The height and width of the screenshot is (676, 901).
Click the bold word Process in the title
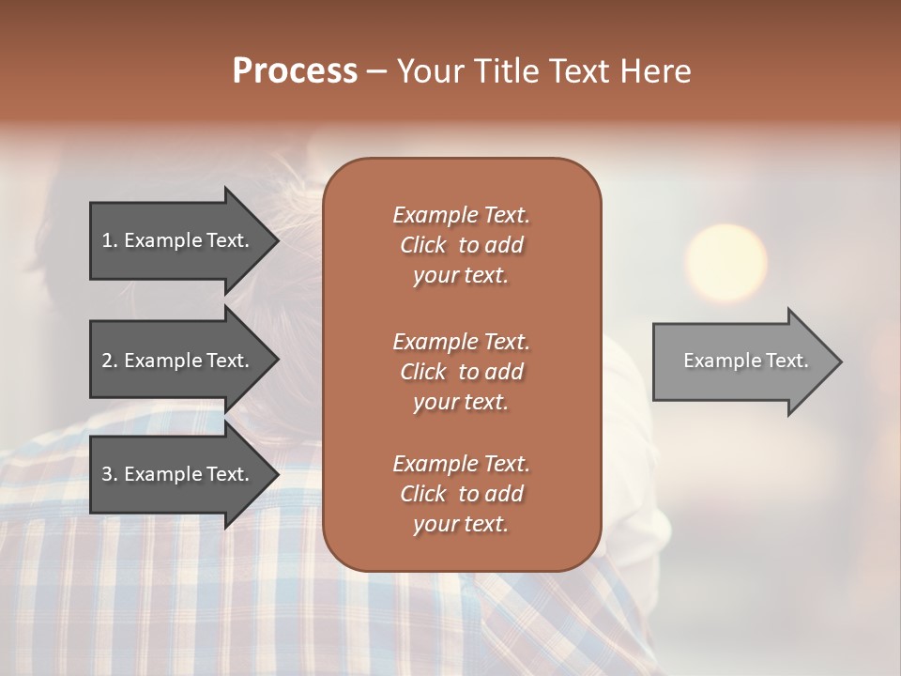295,71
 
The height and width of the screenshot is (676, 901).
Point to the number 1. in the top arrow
110,240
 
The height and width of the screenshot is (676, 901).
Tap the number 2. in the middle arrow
110,361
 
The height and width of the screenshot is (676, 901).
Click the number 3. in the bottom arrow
110,474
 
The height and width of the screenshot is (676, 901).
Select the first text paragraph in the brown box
461,245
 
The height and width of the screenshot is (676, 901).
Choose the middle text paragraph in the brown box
461,371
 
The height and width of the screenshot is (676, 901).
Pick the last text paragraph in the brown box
461,494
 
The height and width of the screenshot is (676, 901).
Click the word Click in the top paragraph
422,245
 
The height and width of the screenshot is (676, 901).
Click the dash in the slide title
377,71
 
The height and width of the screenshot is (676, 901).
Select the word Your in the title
428,71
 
